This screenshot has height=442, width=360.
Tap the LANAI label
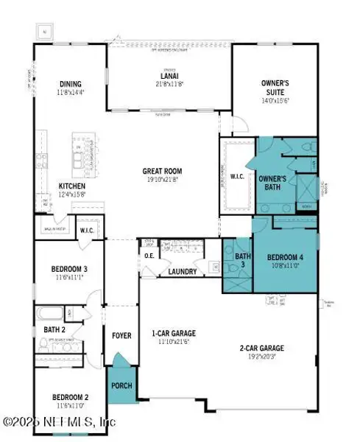click(163, 74)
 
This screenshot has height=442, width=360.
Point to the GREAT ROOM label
click(162, 171)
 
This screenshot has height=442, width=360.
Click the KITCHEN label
click(71, 186)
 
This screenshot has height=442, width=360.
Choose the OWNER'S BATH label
click(273, 182)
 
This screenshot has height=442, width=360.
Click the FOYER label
click(121, 336)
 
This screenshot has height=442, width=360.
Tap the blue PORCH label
click(121, 385)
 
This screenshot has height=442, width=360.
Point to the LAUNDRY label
click(181, 272)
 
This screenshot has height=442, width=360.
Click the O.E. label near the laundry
click(149, 256)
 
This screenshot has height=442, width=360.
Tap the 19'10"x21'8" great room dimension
click(162, 179)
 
